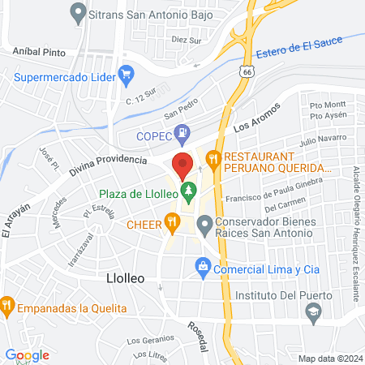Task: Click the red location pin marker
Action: tap(182, 165)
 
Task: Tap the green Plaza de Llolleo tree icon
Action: tap(189, 192)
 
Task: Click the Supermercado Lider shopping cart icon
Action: tap(126, 77)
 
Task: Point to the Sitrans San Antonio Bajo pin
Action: tap(79, 12)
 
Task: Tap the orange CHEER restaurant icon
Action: tap(171, 221)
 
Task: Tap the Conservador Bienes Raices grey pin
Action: tap(204, 223)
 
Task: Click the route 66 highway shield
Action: tap(246, 71)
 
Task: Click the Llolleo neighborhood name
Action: tap(126, 277)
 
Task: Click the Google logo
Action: tap(28, 354)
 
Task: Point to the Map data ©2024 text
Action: tap(328, 358)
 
